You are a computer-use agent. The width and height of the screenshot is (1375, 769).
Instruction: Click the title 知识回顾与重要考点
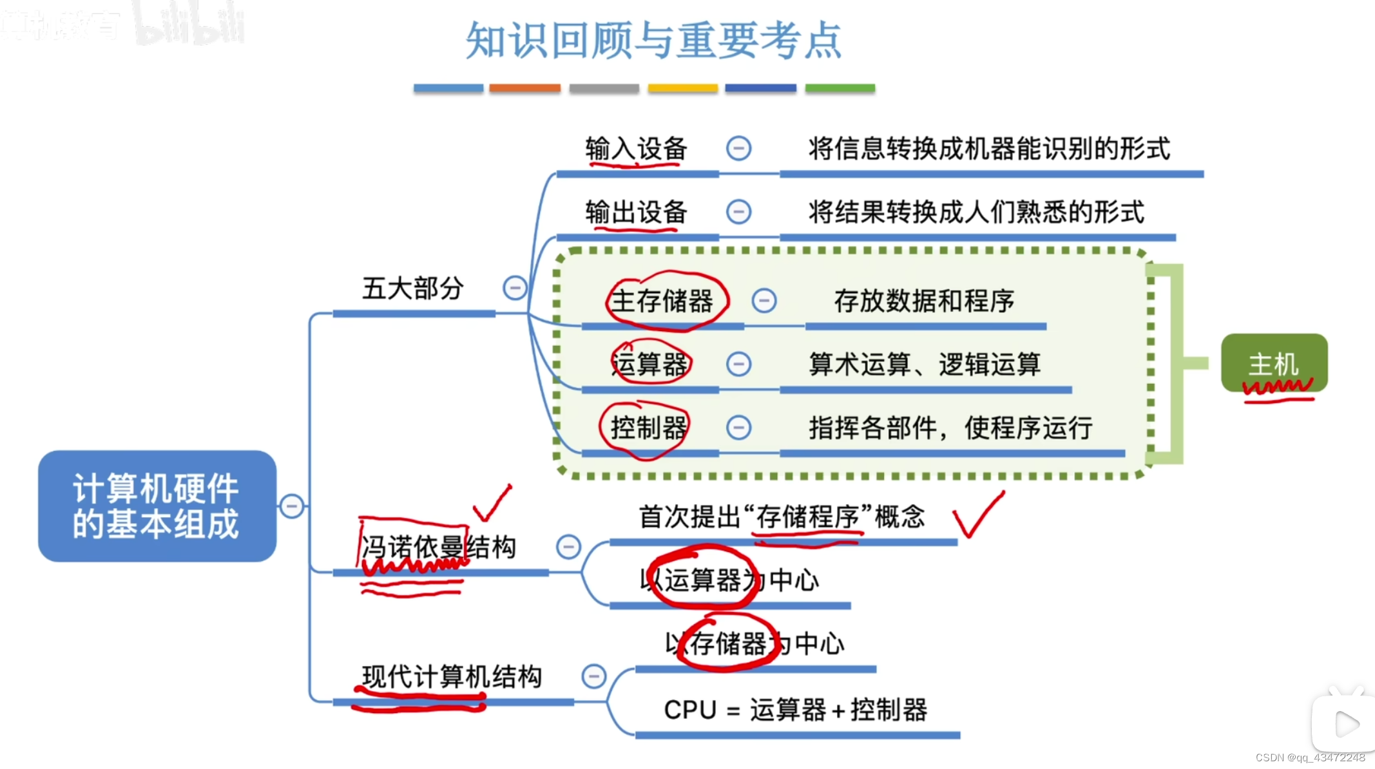tap(653, 40)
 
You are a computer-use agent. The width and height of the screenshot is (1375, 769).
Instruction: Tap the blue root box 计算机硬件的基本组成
tap(157, 506)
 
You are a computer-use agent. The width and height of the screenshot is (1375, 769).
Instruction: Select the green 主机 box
tap(1274, 363)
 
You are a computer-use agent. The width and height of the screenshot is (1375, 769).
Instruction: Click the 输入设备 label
tap(636, 149)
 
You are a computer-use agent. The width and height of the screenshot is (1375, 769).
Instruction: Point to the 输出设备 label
tap(636, 212)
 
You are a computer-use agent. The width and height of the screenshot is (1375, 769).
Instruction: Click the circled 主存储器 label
tap(662, 301)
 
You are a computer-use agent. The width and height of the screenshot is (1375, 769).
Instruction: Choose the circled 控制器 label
tap(648, 428)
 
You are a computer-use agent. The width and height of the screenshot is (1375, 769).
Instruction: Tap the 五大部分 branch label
tap(412, 288)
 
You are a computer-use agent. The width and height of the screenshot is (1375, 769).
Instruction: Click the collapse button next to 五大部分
tap(515, 288)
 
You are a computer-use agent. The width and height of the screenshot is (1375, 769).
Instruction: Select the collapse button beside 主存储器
tap(764, 301)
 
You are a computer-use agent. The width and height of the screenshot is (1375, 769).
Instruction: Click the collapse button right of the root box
tap(292, 506)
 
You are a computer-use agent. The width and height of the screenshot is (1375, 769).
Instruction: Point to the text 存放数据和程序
tap(924, 301)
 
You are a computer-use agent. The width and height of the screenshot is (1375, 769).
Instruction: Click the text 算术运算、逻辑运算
tap(925, 365)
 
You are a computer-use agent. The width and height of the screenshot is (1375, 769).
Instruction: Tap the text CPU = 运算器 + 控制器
tap(795, 710)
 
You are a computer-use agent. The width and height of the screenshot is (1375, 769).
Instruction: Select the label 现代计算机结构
tap(452, 677)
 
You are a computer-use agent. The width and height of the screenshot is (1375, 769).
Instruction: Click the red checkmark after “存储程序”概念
tap(977, 516)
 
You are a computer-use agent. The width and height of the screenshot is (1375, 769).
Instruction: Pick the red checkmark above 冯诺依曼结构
tap(492, 504)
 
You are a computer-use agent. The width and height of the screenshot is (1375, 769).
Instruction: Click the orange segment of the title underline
tap(524, 88)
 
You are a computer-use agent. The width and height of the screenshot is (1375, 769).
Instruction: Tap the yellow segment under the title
tap(682, 88)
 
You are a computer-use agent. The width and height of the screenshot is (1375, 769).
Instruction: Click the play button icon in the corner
tap(1345, 724)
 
